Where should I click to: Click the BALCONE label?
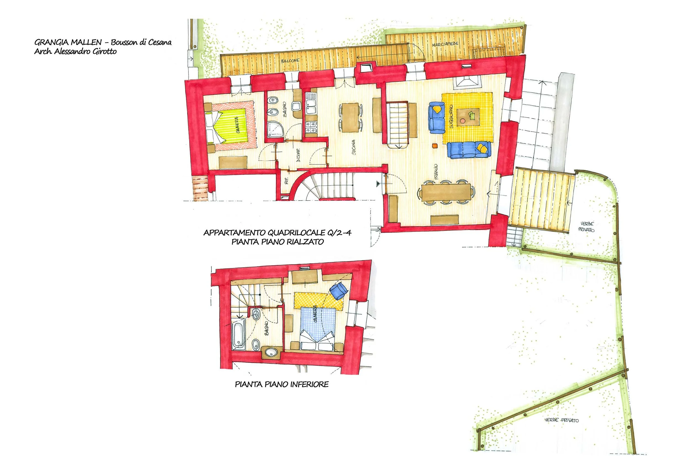coord(290,61)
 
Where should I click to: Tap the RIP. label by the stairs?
coord(286,181)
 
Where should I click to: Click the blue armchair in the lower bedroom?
coord(338,291)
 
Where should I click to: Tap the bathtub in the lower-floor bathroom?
coord(238,336)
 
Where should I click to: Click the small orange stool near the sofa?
coord(435,146)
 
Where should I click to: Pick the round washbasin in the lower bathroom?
coord(272,353)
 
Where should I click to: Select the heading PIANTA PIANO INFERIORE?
coord(282,384)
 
